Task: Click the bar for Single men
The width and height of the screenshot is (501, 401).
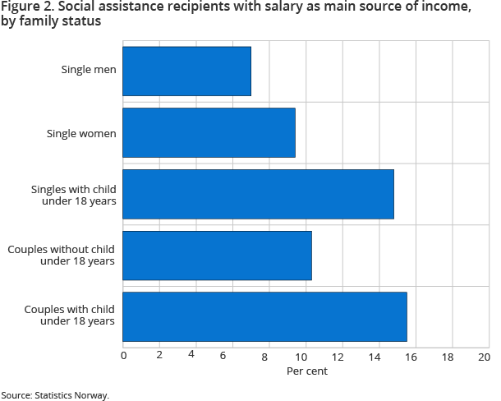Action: (187, 71)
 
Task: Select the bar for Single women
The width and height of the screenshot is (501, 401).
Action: (209, 132)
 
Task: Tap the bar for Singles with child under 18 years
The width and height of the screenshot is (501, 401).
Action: (259, 194)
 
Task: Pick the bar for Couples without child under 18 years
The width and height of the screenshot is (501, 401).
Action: (218, 256)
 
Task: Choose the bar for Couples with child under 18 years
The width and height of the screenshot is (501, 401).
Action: (265, 316)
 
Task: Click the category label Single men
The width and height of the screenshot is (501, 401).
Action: (89, 69)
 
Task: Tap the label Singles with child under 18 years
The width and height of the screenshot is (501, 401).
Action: (73, 195)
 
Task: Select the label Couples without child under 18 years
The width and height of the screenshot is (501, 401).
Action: (62, 256)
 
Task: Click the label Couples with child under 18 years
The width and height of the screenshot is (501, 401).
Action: (69, 316)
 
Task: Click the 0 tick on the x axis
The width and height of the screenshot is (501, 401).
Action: (123, 357)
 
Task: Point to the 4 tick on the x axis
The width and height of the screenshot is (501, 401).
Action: (191, 357)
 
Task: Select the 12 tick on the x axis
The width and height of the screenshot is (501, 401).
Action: (338, 357)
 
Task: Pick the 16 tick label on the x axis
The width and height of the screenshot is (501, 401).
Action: (411, 357)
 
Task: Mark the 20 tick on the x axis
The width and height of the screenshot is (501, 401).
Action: (484, 357)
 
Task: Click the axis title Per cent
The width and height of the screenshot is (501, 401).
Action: (306, 371)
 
